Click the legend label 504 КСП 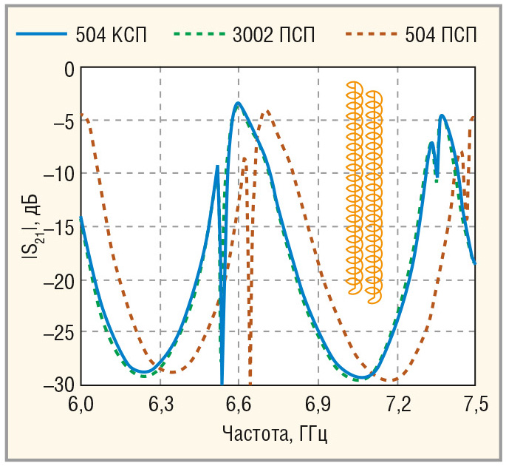(111, 35)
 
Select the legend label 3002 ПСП (273, 35)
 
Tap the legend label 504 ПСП (441, 35)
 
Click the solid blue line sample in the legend (41, 33)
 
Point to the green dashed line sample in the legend (199, 33)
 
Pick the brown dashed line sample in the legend (372, 33)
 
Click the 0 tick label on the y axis (69, 70)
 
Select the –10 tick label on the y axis (59, 174)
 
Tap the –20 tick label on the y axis (59, 280)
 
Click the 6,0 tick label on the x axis (81, 405)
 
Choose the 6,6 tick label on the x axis (239, 405)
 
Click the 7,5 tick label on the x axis (476, 405)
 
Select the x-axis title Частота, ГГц (275, 433)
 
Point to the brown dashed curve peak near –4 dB (268, 111)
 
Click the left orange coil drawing (355, 188)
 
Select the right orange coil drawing (374, 197)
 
